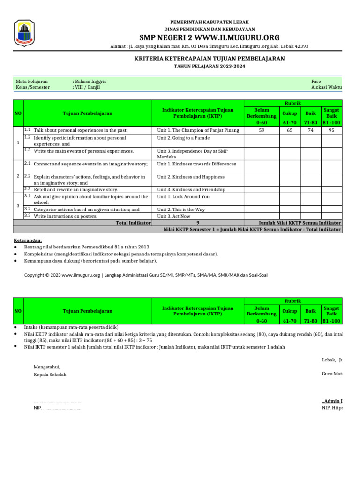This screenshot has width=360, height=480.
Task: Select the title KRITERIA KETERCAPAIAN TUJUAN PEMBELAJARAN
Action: (x=209, y=59)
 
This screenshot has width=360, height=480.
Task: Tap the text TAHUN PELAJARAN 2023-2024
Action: (x=209, y=67)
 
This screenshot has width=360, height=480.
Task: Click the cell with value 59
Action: (x=262, y=130)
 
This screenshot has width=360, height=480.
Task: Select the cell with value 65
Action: (x=290, y=130)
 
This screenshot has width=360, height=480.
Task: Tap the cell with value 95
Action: (x=331, y=130)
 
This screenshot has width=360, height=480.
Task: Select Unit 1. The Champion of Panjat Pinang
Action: (x=198, y=130)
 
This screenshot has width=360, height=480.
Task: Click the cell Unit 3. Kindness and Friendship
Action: (x=191, y=189)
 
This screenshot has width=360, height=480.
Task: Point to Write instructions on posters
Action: (x=66, y=216)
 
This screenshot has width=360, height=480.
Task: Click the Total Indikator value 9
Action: (x=198, y=223)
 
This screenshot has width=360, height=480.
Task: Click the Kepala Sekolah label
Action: (x=50, y=375)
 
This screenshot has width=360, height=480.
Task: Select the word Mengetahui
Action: (x=47, y=367)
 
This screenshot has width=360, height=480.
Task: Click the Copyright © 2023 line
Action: (x=146, y=275)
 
